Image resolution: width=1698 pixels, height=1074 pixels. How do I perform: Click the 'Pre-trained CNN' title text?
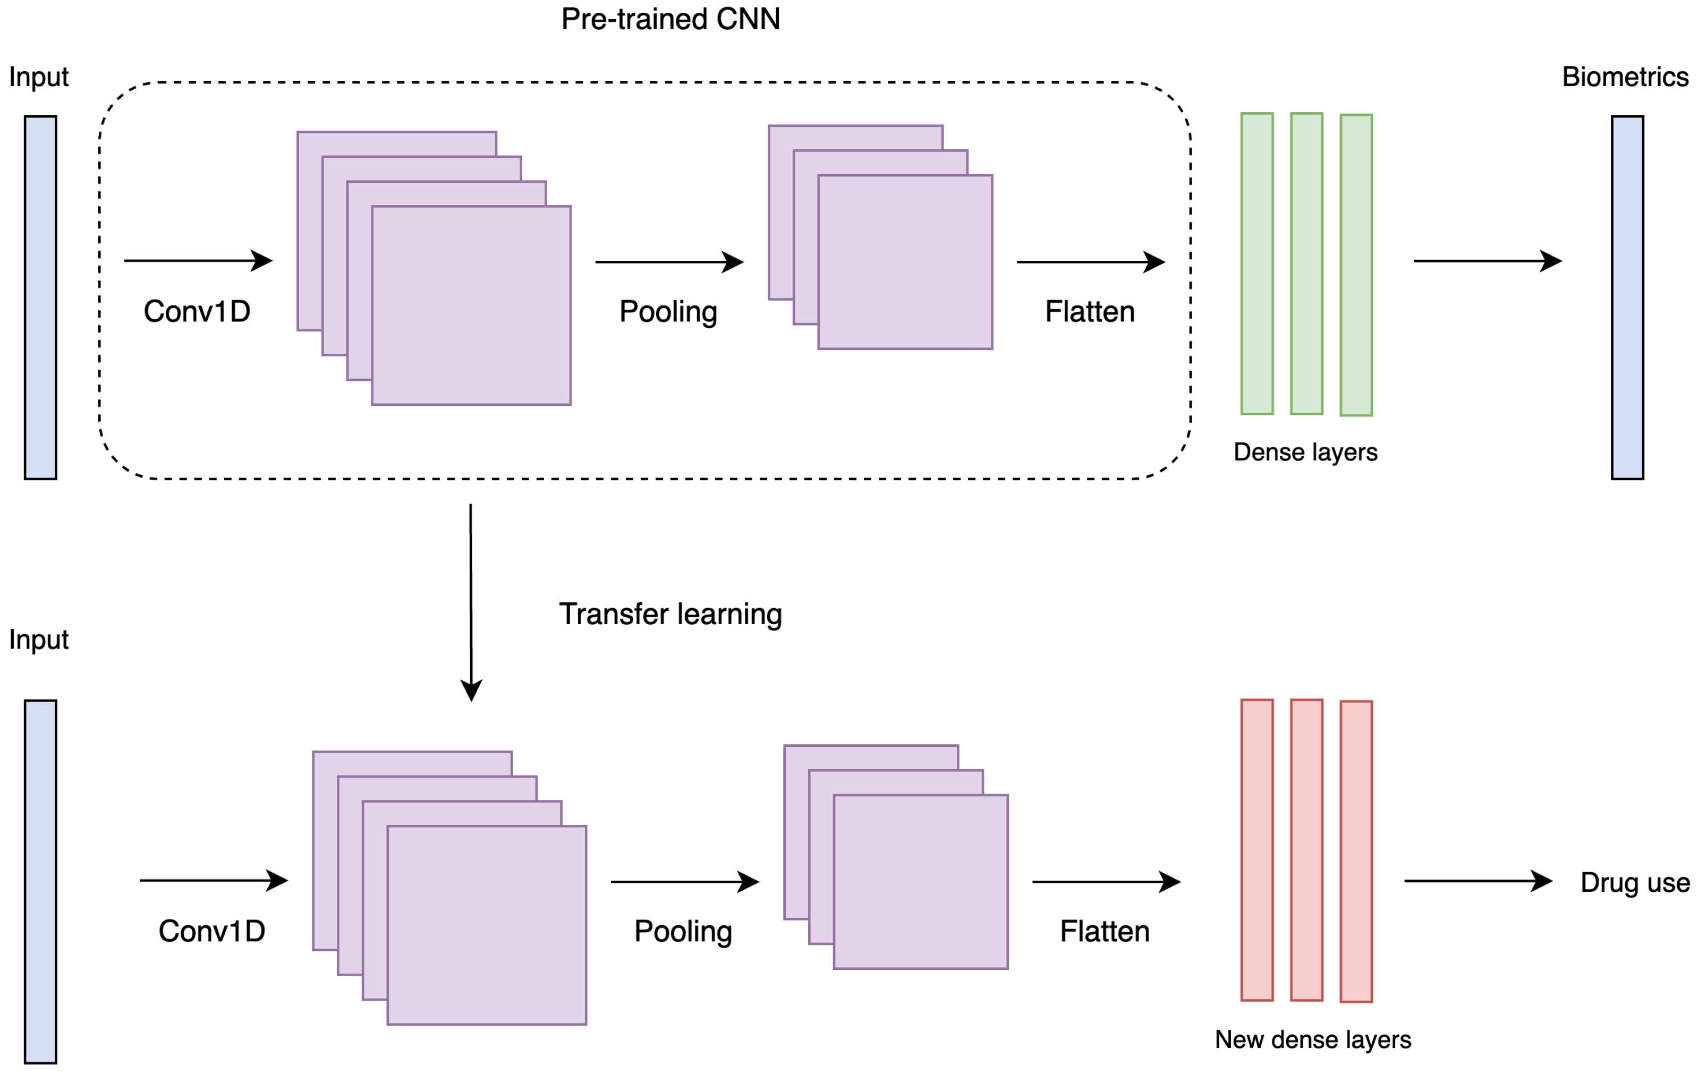coord(670,19)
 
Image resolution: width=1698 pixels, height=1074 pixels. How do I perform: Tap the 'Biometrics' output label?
coord(1625,77)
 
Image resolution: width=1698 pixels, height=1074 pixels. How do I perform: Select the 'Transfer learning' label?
coord(670,613)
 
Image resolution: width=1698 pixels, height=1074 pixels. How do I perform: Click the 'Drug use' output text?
coord(1635,882)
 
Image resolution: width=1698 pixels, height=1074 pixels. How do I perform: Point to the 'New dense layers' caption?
coord(1312,1039)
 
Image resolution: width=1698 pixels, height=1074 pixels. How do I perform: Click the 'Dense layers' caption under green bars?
coord(1305,452)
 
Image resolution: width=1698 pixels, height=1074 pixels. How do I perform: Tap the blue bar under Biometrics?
coord(1627,297)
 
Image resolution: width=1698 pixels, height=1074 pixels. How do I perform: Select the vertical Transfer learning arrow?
coord(471,599)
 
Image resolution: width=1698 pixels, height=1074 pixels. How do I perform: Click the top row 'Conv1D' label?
coord(197,311)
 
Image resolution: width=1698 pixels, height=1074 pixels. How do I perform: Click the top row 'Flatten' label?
coord(1090,311)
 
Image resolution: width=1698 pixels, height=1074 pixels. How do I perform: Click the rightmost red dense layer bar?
coord(1356,851)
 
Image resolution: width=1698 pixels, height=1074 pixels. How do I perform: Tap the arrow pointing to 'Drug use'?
coord(1478,881)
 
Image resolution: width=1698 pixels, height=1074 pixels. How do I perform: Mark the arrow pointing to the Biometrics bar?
coord(1487,261)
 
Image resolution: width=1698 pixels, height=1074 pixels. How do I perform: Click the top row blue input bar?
coord(40,297)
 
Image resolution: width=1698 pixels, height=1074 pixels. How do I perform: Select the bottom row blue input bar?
coord(40,882)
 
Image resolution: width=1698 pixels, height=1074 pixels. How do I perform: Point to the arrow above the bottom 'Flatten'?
coord(1105,882)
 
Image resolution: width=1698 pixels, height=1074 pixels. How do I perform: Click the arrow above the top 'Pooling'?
coord(668,262)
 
